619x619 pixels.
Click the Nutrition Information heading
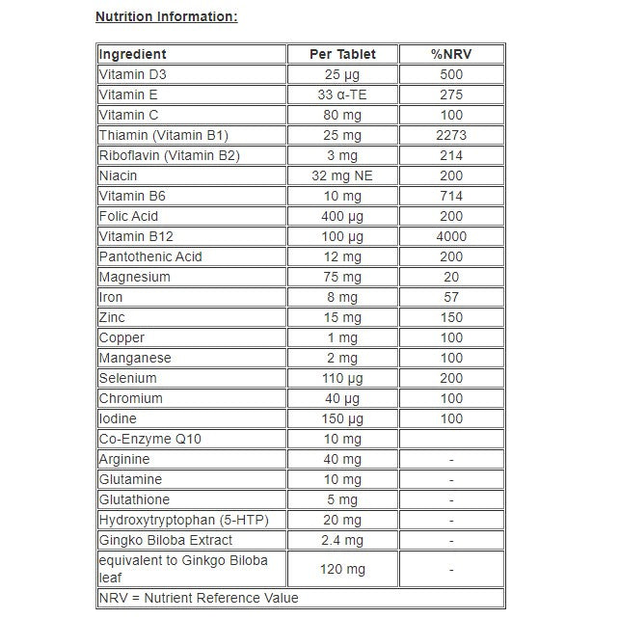pos(167,16)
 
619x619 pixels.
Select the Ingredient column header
pos(133,54)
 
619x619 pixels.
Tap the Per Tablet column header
pos(342,54)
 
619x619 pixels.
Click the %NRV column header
pos(451,54)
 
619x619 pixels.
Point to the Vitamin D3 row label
pos(126,74)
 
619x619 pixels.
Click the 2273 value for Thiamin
pos(451,135)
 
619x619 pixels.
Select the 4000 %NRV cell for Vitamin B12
pos(451,236)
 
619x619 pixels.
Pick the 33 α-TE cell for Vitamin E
pos(342,94)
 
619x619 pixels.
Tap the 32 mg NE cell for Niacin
pos(342,175)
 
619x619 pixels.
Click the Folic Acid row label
pos(128,216)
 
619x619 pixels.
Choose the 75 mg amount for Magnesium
pos(342,277)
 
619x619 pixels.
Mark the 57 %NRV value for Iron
pos(451,297)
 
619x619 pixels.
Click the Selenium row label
pos(127,378)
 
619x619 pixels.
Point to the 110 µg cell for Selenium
pos(342,378)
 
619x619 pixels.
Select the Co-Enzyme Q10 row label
pos(149,439)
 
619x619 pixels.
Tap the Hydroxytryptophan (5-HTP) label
pos(183,520)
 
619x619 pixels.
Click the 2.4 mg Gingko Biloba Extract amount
pos(342,540)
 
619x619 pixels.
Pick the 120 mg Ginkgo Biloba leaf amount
pos(342,569)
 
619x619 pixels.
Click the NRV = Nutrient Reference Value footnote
pos(199,598)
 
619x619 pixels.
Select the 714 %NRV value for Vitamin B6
pos(451,196)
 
